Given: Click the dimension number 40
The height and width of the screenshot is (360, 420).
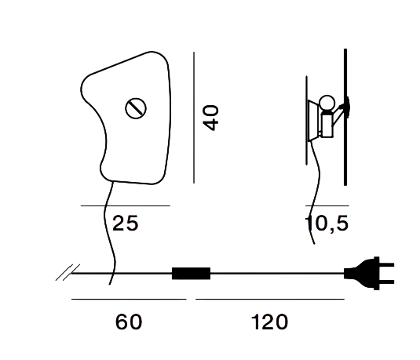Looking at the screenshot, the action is tap(211, 118).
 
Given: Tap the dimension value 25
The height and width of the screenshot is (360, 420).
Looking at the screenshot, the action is tap(126, 224).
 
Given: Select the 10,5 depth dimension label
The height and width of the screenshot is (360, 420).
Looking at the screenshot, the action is tap(327, 224).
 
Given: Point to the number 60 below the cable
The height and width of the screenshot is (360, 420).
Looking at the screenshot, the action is tap(129, 322).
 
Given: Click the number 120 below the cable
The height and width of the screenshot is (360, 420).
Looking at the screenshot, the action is tap(269, 322).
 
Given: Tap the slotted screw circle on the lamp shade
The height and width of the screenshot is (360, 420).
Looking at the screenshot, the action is tap(136, 108).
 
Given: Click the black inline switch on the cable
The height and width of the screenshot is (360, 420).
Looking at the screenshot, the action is tap(191, 273).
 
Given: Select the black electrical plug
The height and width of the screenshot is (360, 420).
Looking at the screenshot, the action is tap(369, 273).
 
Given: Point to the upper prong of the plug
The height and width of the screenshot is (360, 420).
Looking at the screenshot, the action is tap(386, 265).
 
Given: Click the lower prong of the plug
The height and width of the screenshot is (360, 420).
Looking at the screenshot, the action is tap(386, 282).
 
